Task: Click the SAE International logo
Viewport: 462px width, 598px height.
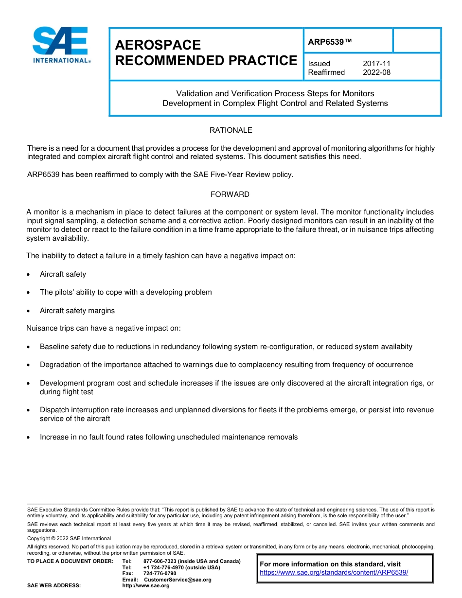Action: tap(61, 45)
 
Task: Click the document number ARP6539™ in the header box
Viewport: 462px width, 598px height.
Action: tap(329, 42)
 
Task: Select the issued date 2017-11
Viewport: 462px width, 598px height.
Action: tap(376, 64)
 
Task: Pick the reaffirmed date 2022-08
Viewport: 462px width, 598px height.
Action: tap(376, 72)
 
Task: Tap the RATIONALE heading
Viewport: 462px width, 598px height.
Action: tap(231, 130)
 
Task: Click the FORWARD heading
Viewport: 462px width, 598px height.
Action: tap(230, 194)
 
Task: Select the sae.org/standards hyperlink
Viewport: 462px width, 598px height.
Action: tap(334, 573)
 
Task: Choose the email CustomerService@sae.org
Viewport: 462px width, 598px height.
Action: tap(178, 580)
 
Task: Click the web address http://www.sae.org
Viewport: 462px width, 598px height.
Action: tap(146, 586)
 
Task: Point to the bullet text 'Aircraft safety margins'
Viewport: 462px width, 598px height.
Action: tap(77, 311)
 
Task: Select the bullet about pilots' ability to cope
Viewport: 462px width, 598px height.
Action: tap(125, 292)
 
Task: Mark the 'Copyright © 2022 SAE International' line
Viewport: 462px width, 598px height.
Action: tap(69, 538)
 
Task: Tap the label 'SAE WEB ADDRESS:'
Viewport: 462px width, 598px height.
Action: tap(54, 586)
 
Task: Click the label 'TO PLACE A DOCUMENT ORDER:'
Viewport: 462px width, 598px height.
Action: tap(70, 562)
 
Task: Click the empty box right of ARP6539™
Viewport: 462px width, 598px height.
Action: tap(416, 40)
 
